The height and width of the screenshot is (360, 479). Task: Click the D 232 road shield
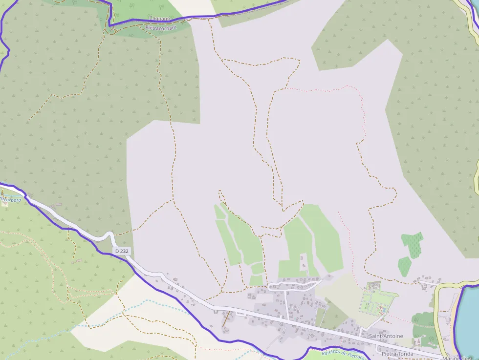point(122,251)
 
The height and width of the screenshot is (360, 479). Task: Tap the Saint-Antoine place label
point(386,336)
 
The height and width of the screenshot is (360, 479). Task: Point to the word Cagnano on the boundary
point(159,19)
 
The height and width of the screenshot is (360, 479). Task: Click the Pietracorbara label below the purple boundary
point(161,28)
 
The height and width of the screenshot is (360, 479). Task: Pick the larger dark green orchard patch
point(412,244)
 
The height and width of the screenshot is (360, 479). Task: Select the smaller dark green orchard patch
point(404,266)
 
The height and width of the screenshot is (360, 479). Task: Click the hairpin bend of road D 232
point(111,237)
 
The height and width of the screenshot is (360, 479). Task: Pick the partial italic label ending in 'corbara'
point(11,200)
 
